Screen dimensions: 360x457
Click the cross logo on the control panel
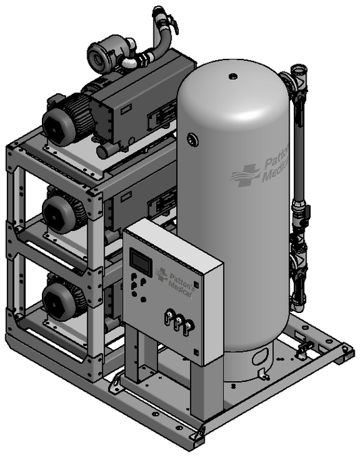point(161,274)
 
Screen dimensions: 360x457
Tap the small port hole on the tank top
point(233,76)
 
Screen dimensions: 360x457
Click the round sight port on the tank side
point(193,140)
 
